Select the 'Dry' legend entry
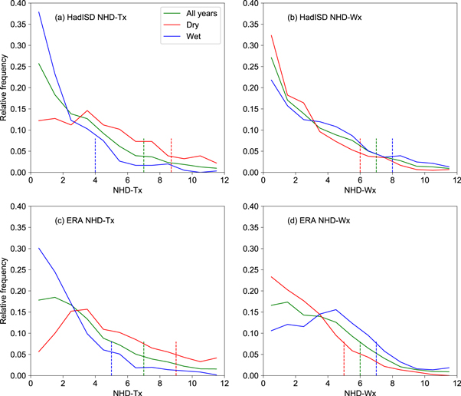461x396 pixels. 188,22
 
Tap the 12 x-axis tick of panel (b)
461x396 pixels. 456,180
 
